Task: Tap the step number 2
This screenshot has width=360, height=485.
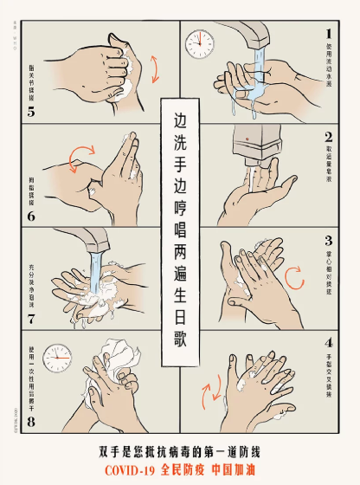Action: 328,136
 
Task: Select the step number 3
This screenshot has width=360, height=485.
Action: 328,241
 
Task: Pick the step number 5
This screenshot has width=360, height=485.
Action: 31,112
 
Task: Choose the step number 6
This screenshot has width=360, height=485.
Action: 31,217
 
